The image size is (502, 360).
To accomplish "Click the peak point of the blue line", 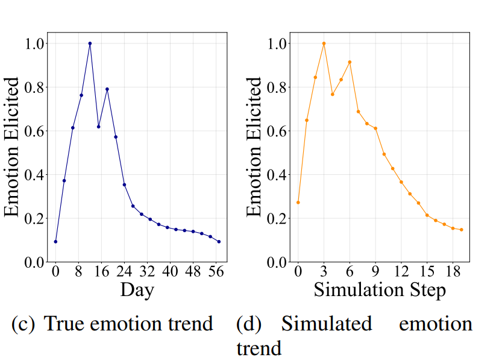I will (90, 43).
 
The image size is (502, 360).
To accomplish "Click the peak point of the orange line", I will (324, 43).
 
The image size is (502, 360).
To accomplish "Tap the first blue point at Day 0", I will (55, 241).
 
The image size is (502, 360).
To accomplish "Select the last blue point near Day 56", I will (219, 241).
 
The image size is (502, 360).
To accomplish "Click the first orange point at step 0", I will (298, 202).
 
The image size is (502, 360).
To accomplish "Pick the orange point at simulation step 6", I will (350, 62).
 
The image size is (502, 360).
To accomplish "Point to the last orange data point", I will (461, 230).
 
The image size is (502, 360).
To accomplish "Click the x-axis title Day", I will (137, 290).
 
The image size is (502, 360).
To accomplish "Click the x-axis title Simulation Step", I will (379, 290).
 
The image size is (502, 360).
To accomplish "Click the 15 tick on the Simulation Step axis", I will (427, 271).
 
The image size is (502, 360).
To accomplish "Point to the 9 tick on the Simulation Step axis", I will (375, 271).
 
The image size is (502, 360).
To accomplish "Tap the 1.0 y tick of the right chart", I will (276, 43).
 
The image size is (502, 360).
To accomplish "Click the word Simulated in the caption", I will (327, 324).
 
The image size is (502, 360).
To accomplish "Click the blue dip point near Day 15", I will (98, 127).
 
